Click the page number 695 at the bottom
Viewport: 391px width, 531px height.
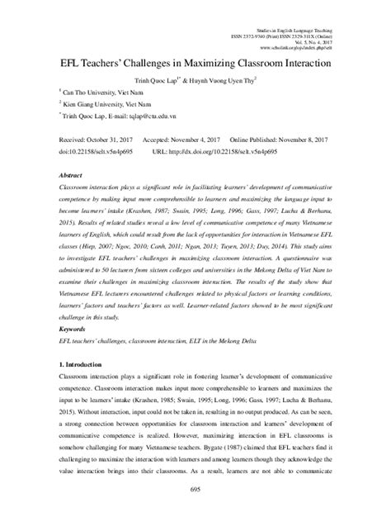point(195,514)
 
